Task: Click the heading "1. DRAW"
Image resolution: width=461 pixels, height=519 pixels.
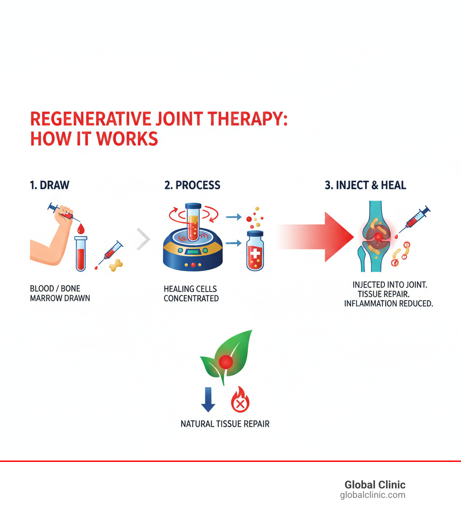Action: tap(50, 185)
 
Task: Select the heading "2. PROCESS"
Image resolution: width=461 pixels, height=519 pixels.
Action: tap(192, 185)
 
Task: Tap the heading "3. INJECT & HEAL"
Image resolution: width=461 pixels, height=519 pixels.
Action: tap(365, 185)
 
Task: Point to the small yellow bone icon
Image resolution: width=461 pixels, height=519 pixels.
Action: tap(116, 264)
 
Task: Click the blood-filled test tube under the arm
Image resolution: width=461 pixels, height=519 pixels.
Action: tap(81, 254)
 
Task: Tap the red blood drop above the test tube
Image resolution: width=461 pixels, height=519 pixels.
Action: tap(81, 229)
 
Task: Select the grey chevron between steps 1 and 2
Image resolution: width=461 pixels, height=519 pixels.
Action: tap(143, 240)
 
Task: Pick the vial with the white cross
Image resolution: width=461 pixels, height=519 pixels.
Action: tap(255, 251)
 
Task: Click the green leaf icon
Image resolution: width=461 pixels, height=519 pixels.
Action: tap(226, 357)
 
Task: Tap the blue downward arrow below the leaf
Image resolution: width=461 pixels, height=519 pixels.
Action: tap(208, 400)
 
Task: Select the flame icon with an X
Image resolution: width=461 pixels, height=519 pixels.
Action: tap(240, 400)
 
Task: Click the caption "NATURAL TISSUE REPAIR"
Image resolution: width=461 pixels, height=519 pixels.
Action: tap(225, 424)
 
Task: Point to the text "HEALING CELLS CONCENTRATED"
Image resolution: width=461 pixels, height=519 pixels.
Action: tap(191, 293)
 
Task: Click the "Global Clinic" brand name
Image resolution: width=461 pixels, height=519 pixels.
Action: tap(375, 484)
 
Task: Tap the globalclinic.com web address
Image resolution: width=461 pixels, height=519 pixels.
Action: tap(372, 495)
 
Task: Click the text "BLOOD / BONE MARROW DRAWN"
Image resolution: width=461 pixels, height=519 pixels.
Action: tap(60, 293)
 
